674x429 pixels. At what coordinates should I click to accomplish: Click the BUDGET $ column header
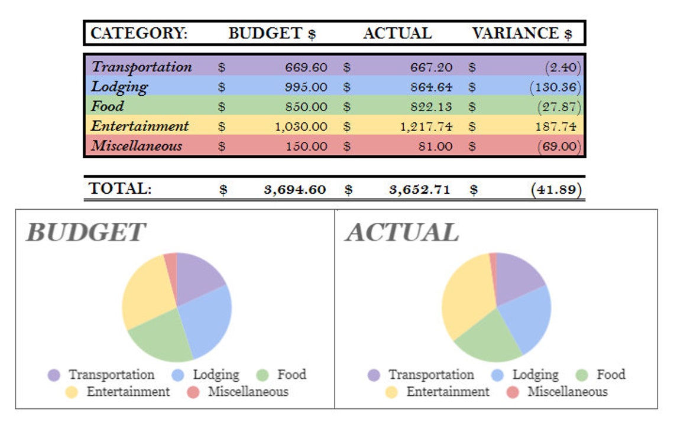click(x=272, y=34)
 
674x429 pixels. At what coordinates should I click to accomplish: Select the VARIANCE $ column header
click(x=521, y=34)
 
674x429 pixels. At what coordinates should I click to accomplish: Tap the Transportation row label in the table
click(x=141, y=67)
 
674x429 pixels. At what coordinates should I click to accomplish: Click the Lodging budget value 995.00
click(x=306, y=87)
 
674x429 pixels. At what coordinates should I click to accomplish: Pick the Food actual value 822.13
click(x=431, y=107)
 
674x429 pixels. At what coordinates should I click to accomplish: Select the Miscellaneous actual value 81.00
click(x=437, y=147)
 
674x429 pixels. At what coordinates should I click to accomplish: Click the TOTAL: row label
click(x=120, y=189)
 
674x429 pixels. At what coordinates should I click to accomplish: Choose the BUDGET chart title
click(x=85, y=232)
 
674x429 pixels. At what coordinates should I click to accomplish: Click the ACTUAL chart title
click(x=402, y=232)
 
